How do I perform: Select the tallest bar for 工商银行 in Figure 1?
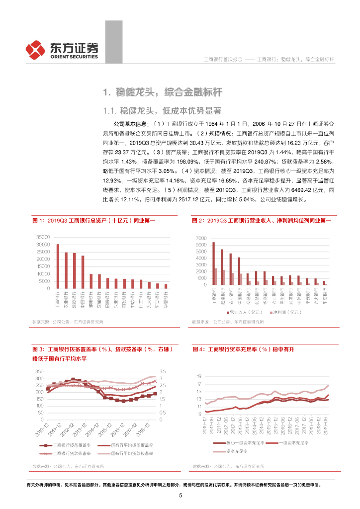coord(58,266)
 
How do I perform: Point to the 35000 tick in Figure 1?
coord(44,237)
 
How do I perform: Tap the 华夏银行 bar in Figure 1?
coord(166,286)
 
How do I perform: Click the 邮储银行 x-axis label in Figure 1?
coord(91,299)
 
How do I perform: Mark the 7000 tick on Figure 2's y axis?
coord(200,238)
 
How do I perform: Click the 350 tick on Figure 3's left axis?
coord(40,372)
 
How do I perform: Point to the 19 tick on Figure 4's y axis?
coord(199,376)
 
